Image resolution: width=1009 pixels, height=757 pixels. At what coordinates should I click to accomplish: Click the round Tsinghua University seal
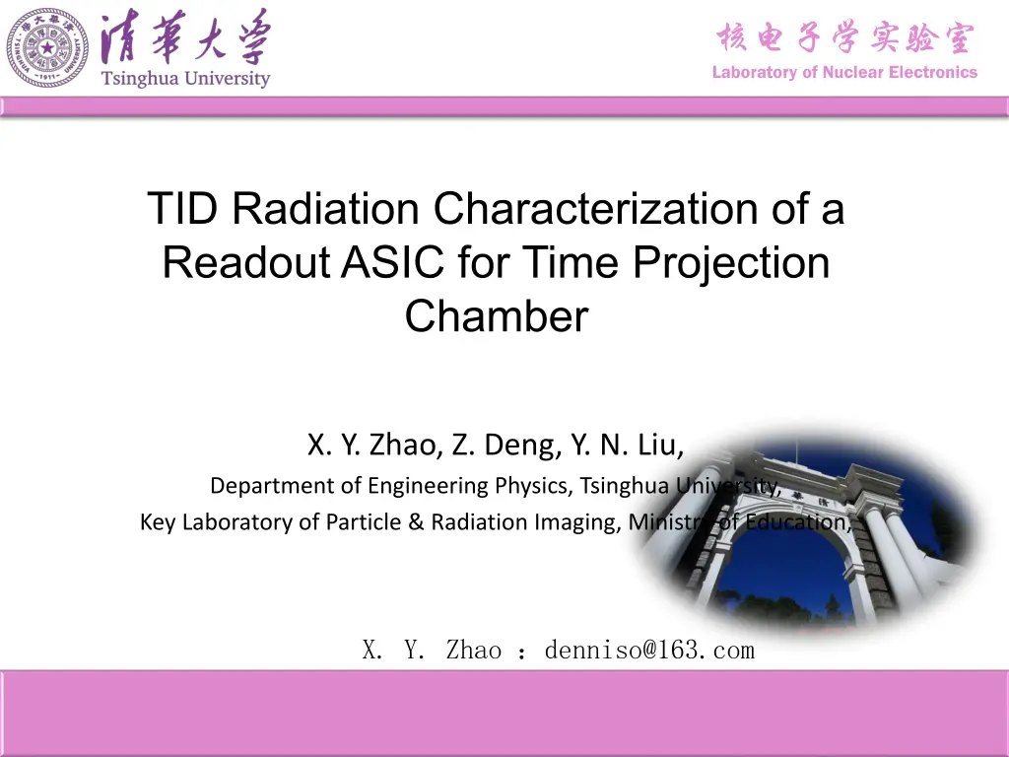click(x=47, y=47)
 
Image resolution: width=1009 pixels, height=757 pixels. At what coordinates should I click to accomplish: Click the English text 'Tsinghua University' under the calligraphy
click(x=185, y=79)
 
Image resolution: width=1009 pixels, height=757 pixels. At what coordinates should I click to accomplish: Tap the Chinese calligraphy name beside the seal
click(x=186, y=35)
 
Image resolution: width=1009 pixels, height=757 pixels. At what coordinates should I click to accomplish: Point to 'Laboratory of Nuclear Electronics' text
click(x=844, y=72)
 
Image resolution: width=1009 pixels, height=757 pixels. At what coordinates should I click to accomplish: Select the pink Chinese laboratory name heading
click(x=845, y=37)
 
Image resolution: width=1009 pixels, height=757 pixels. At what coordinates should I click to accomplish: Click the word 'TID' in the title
click(x=182, y=208)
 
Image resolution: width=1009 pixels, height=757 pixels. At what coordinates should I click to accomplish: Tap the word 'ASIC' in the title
click(x=392, y=262)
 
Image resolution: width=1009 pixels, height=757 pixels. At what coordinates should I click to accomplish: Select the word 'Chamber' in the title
click(x=497, y=316)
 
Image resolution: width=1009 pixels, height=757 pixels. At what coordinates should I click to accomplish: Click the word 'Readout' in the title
click(x=245, y=262)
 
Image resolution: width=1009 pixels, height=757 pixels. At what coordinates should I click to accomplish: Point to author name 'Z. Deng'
click(x=506, y=445)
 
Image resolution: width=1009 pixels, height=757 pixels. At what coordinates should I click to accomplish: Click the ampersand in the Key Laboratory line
click(x=416, y=521)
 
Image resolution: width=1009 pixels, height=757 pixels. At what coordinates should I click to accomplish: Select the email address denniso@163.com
click(x=649, y=651)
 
